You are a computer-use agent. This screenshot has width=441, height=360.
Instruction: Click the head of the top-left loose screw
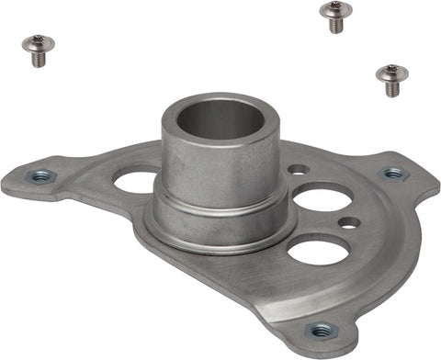coord(38,42)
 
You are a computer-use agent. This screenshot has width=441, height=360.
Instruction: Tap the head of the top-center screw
coord(336,9)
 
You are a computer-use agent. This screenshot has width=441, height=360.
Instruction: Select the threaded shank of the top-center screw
coord(337,24)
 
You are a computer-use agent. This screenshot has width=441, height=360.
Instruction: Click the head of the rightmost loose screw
coord(391,72)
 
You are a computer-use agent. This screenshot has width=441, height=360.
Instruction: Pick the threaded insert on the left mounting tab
coord(40,176)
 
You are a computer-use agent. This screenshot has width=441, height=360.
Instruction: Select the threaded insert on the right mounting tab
coord(393,173)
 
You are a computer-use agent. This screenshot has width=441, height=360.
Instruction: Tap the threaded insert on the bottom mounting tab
coord(321,330)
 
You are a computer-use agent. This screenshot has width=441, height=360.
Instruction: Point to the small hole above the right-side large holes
coord(299,170)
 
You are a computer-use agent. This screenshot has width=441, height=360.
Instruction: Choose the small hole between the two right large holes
coord(348,222)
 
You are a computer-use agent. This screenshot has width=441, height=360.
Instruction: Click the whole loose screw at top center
coord(336,16)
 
